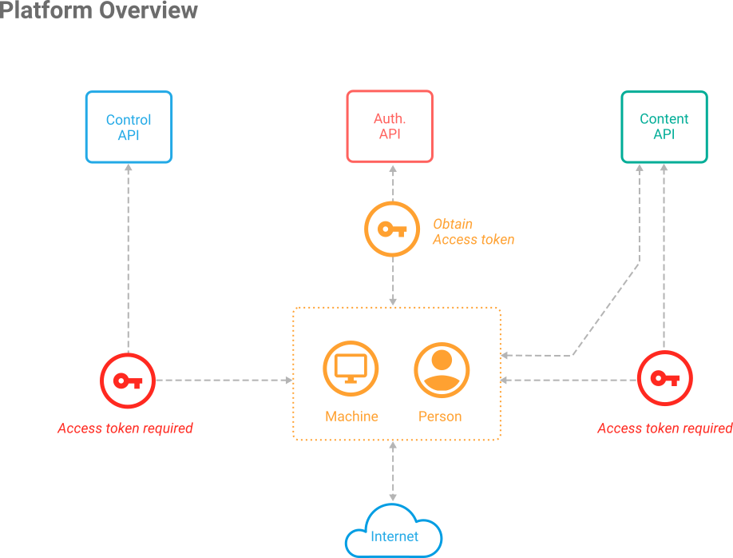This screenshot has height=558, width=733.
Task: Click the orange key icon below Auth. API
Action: [x=392, y=229]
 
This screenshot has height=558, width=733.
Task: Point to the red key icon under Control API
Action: [x=128, y=381]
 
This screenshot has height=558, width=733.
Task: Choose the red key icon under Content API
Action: [x=665, y=378]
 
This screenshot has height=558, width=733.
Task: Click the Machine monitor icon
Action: [x=351, y=369]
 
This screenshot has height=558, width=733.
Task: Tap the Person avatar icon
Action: [x=442, y=370]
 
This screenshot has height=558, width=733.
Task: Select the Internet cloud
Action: [x=394, y=532]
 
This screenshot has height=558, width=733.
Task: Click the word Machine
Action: [x=351, y=417]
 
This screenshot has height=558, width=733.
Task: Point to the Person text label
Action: [x=440, y=417]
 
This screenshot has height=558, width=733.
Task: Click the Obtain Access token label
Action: [x=473, y=232]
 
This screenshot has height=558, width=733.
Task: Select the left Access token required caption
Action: [x=125, y=428]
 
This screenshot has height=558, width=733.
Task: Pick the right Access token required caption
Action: [x=665, y=428]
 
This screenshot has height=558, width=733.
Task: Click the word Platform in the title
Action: [x=46, y=10]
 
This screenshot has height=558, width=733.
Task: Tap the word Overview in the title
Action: [x=149, y=10]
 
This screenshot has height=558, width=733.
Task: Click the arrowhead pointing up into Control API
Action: [x=129, y=167]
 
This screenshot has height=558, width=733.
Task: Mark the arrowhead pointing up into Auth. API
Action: [x=393, y=169]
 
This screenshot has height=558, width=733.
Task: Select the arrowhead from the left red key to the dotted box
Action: [x=289, y=380]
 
